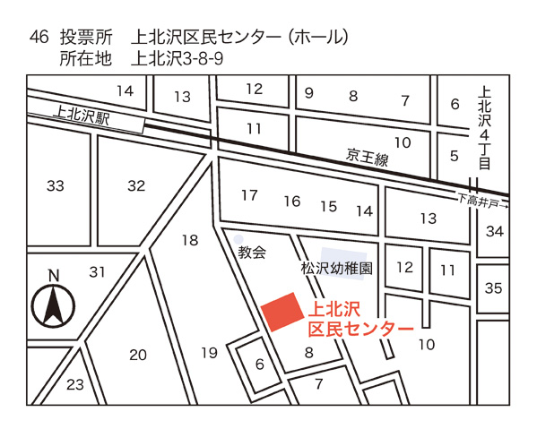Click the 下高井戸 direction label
[x=481, y=201]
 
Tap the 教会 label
[x=253, y=253]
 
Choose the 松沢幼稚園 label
[x=337, y=268]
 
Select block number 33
[x=56, y=186]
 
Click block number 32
[x=136, y=186]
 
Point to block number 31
[x=98, y=272]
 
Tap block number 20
[x=137, y=355]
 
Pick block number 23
[x=75, y=386]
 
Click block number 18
[x=189, y=240]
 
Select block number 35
[x=493, y=288]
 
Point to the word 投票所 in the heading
[x=86, y=38]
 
